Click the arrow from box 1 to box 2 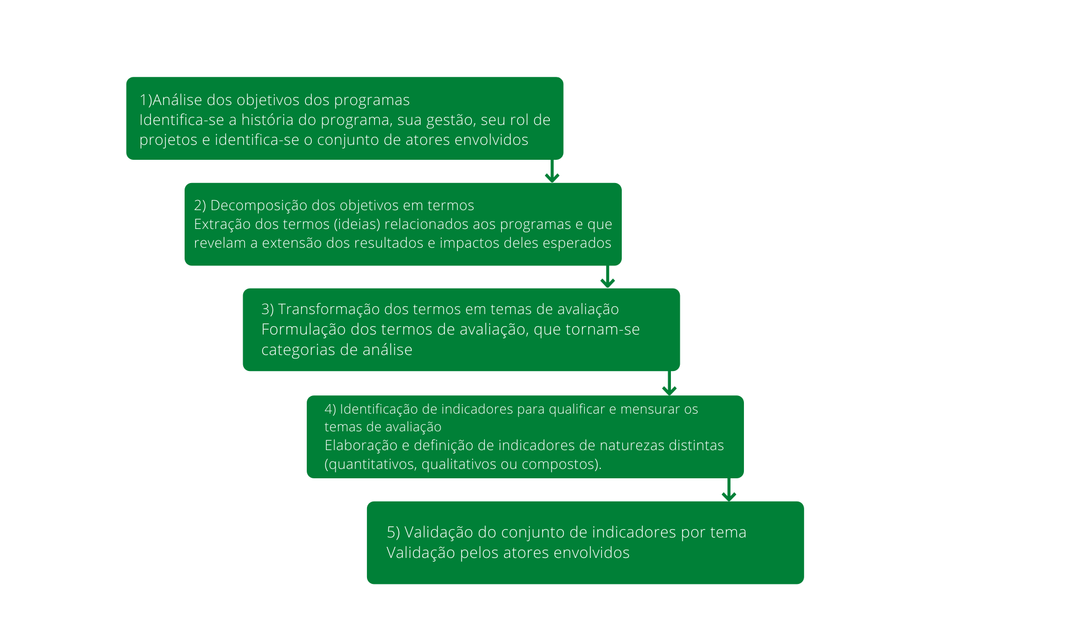(x=552, y=171)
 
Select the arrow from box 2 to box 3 (x=608, y=276)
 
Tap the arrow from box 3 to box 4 (x=669, y=383)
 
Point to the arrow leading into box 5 (x=729, y=490)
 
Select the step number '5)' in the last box (x=394, y=532)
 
